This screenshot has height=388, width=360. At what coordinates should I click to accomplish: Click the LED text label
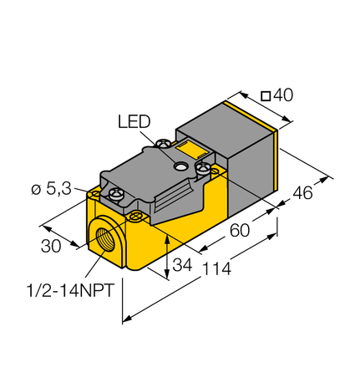coord(133,122)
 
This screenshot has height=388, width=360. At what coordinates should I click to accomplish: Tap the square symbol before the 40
coord(265,96)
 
